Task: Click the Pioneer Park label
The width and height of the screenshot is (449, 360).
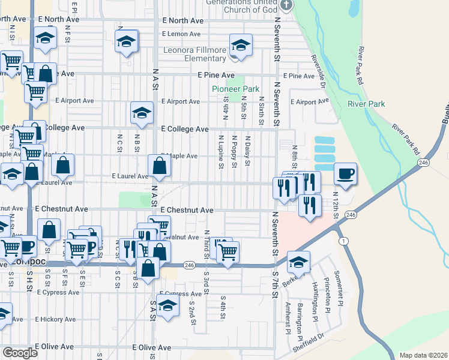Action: tap(235, 89)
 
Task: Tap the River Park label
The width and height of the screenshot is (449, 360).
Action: tap(366, 104)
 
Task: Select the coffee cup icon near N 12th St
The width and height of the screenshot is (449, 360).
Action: tap(345, 174)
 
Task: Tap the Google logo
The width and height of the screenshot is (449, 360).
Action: tap(20, 353)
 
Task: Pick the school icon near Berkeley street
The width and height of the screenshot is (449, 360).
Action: tap(298, 262)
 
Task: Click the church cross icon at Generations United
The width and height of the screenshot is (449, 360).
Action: tap(286, 5)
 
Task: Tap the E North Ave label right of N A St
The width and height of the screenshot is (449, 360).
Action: tap(183, 20)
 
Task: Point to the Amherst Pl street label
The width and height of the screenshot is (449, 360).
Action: tap(288, 318)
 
